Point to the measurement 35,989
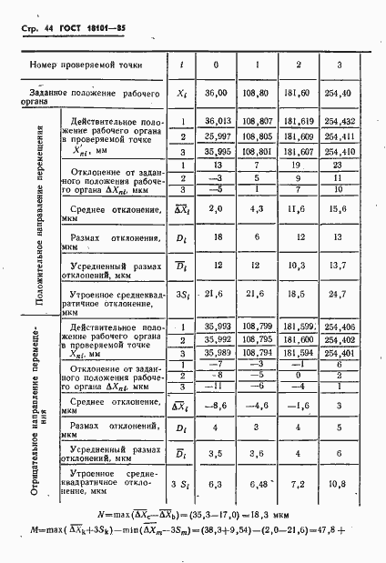tap(216, 352)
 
